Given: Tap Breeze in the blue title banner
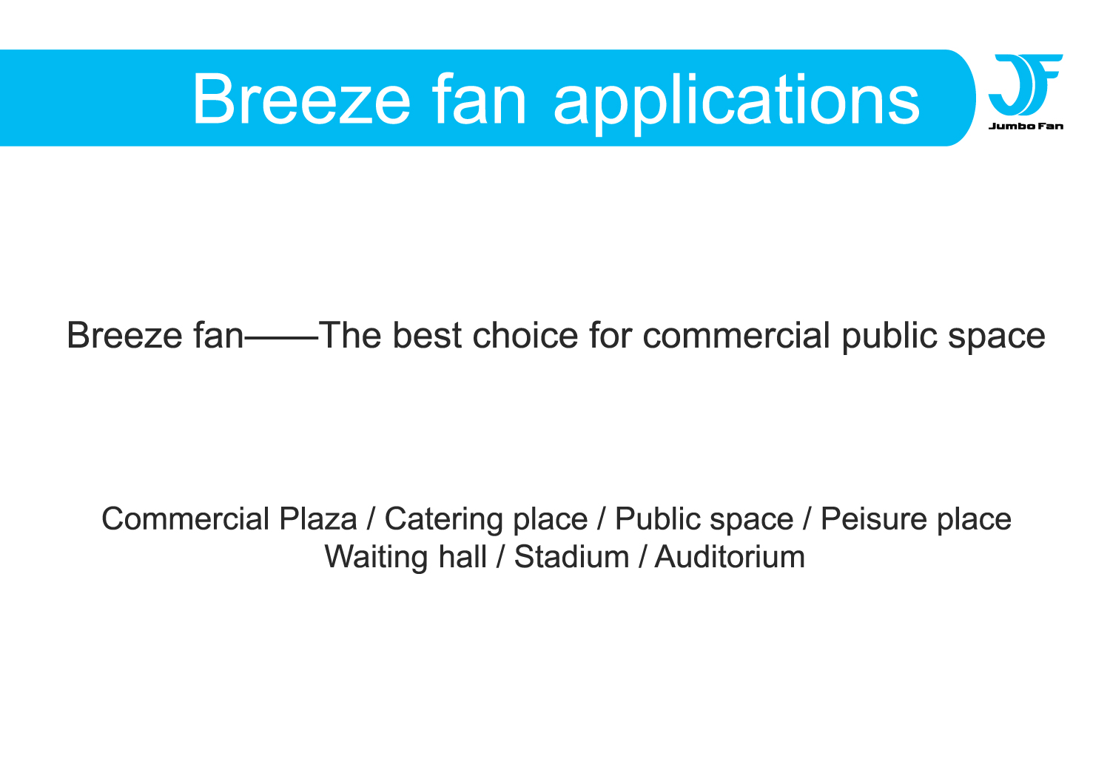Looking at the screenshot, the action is pyautogui.click(x=302, y=99).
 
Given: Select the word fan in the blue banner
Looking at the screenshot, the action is pyautogui.click(x=478, y=99).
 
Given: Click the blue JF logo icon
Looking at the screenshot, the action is pyautogui.click(x=1025, y=85).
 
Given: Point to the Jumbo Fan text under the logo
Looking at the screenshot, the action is pyautogui.click(x=1026, y=126).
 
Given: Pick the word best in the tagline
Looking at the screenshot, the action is pyautogui.click(x=427, y=335).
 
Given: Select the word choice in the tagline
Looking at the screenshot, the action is pyautogui.click(x=525, y=335).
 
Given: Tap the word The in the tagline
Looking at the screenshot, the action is pyautogui.click(x=350, y=335).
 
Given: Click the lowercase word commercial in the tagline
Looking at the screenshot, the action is pyautogui.click(x=736, y=335).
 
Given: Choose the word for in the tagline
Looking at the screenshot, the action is pyautogui.click(x=610, y=335).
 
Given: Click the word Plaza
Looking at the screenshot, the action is pyautogui.click(x=317, y=519).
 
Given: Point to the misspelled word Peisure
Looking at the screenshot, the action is pyautogui.click(x=874, y=519).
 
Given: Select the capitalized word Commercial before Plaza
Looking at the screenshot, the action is pyautogui.click(x=185, y=519).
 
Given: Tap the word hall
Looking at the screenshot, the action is pyautogui.click(x=462, y=557).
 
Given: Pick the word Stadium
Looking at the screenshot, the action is pyautogui.click(x=571, y=557).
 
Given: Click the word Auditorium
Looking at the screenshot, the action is pyautogui.click(x=730, y=557).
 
